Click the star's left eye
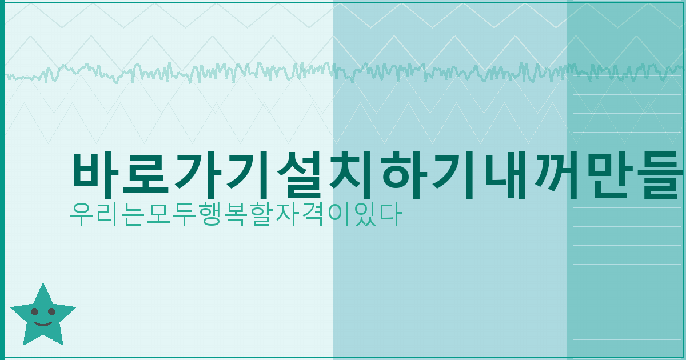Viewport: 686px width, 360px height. (x=35, y=312)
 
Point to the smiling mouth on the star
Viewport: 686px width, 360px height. (x=43, y=323)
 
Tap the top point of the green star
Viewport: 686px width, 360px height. (x=42, y=284)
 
